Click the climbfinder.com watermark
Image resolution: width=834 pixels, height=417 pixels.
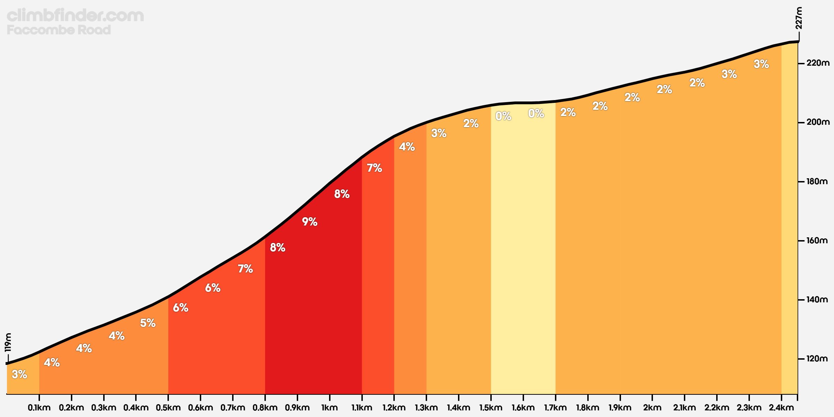75,16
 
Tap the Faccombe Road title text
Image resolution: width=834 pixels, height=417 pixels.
59,30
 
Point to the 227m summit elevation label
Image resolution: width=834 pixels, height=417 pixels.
799,18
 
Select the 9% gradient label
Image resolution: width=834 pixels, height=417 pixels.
309,222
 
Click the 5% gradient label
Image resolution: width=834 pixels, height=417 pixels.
148,323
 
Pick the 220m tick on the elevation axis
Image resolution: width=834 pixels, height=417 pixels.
818,63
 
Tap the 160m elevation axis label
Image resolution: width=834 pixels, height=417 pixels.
817,240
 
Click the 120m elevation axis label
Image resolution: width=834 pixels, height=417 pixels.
817,359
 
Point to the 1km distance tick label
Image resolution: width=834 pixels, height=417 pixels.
329,408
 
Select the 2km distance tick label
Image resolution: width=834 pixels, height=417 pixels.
652,408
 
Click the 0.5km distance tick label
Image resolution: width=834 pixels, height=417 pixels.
168,408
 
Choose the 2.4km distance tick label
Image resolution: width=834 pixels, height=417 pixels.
781,408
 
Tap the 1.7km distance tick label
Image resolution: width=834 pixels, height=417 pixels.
555,408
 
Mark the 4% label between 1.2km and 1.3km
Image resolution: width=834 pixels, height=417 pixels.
407,147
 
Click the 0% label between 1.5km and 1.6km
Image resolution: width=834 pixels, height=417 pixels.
503,116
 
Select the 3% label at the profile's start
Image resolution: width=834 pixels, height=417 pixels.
19,374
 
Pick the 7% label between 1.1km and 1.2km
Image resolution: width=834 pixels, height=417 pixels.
374,168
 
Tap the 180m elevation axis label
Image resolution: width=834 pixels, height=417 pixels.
817,181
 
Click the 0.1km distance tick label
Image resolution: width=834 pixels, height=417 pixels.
39,408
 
